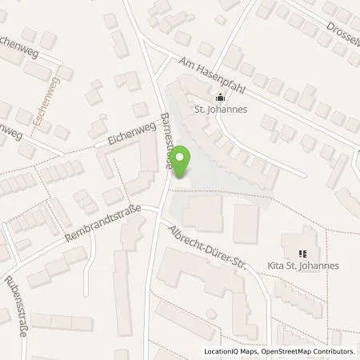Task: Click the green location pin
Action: pyautogui.click(x=182, y=161)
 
